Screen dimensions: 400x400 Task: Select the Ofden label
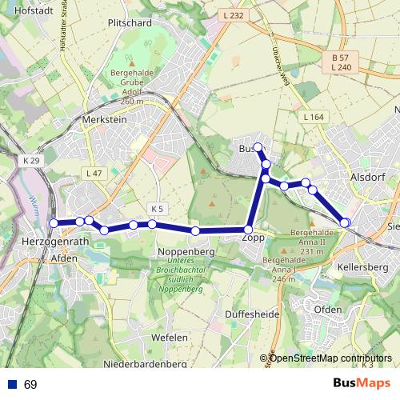[328, 309]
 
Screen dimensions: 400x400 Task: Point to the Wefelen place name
[169, 338]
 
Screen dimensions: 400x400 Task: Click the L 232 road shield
[233, 15]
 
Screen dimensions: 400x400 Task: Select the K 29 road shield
[31, 161]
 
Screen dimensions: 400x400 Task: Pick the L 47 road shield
[94, 174]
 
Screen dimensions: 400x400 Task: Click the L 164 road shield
[314, 118]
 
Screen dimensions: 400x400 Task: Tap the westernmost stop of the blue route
[54, 223]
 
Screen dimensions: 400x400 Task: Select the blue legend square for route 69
[12, 384]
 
